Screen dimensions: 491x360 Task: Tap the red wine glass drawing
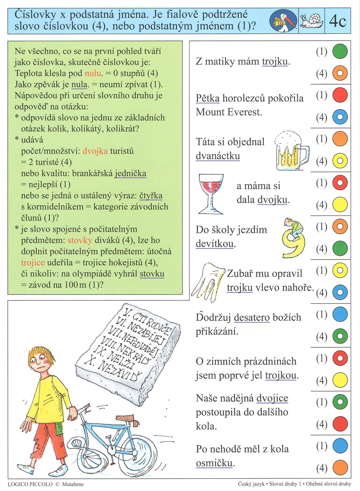pos(211,193)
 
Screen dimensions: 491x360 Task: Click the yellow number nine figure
pos(294,239)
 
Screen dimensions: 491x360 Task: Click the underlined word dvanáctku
pos(218,156)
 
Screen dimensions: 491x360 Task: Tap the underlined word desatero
pos(252,317)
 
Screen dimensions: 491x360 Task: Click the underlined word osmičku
pos(215,463)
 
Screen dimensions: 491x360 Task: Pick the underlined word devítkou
pos(215,244)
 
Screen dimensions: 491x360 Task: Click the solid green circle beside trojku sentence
pos(340,51)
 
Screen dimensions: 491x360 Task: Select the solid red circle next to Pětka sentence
pos(340,95)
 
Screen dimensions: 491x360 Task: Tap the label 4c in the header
pos(337,21)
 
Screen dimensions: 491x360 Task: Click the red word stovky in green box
pos(80,240)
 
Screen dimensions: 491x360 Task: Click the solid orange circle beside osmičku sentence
pos(340,468)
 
